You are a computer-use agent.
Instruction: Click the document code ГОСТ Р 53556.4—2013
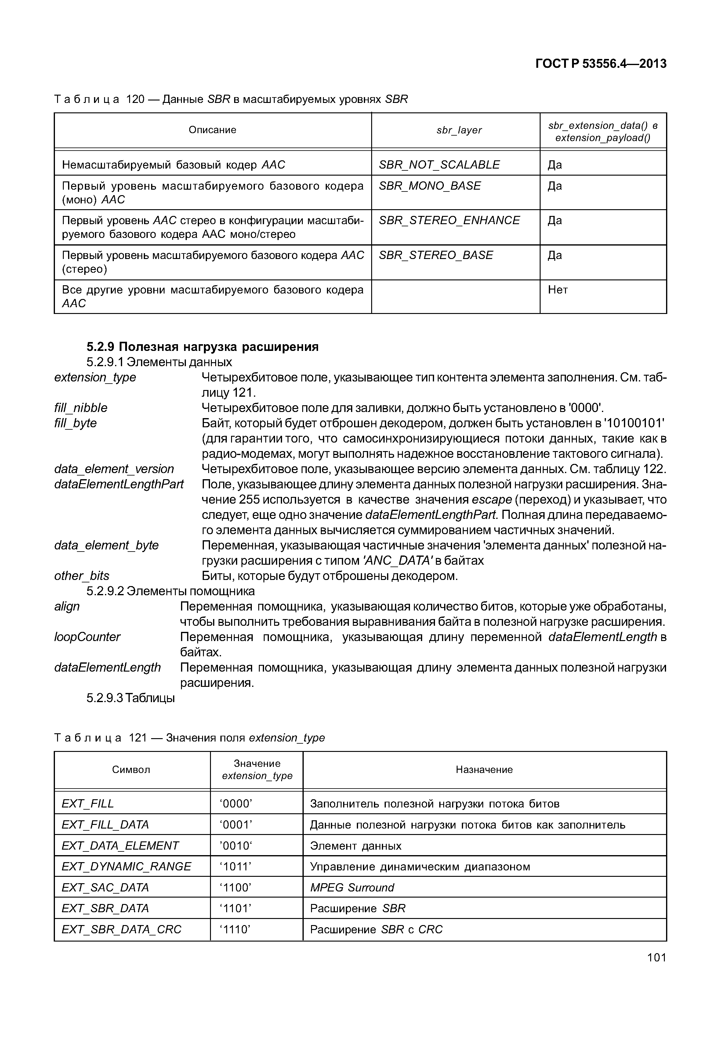(600, 64)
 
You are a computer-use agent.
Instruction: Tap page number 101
(656, 957)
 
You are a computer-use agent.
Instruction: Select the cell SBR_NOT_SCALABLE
(439, 165)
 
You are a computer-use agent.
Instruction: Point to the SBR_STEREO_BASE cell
(436, 255)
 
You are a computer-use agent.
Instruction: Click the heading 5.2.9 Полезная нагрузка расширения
(202, 347)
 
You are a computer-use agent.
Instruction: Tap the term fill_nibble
(81, 408)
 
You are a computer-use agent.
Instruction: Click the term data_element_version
(114, 469)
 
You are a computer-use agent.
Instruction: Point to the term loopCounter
(87, 637)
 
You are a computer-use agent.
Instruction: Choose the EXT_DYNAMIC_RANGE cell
(126, 866)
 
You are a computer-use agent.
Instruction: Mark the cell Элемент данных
(356, 846)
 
